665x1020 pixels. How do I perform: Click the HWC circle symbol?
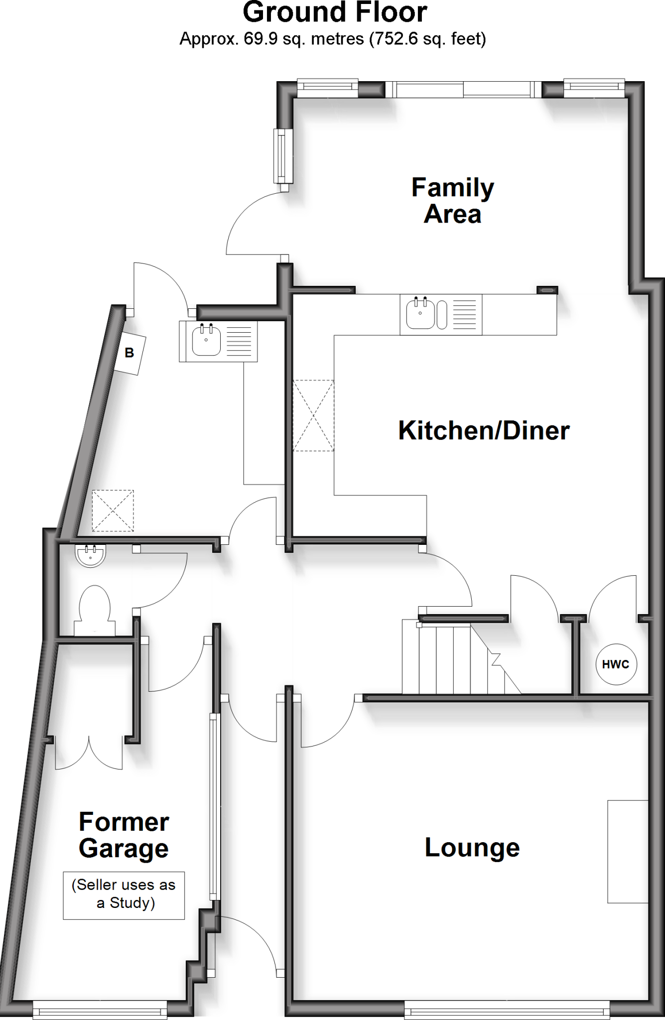pos(616,664)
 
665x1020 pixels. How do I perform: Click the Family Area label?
pos(452,201)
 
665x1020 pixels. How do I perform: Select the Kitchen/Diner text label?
pos(484,431)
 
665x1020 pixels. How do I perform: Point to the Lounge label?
pos(472,848)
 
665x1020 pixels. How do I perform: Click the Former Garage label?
pos(124,835)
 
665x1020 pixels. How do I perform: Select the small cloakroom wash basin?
pos(90,555)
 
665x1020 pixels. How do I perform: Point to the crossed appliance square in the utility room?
pos(113,510)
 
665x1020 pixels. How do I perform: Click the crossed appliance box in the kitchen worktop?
pos(313,415)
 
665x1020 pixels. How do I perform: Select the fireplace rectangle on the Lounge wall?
pos(627,852)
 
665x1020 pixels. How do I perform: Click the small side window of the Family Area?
pos(284,156)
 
